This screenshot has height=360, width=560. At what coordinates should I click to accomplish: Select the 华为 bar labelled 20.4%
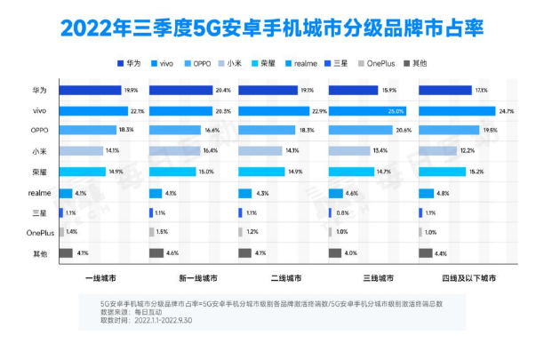[x=178, y=91]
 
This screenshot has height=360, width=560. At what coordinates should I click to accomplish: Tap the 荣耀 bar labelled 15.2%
[x=441, y=172]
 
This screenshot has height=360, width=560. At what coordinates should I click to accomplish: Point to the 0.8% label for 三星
[x=343, y=213]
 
